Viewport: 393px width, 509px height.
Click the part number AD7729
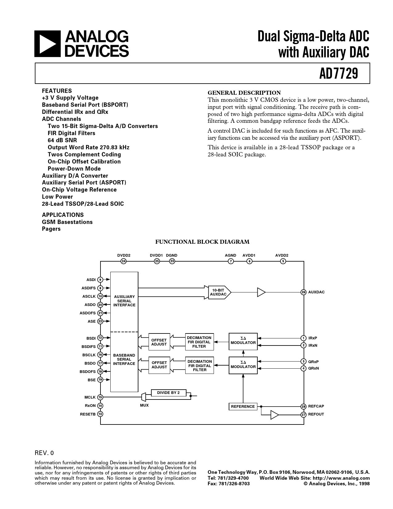(x=338, y=74)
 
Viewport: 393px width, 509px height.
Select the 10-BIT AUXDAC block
(x=219, y=292)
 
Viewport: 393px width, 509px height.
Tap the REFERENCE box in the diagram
(x=243, y=406)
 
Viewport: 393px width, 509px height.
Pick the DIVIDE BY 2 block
(x=168, y=393)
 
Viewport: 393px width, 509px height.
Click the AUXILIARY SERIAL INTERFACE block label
(x=124, y=301)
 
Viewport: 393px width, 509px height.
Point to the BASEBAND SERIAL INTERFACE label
(x=124, y=359)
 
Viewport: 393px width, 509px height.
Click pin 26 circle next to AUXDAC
(x=304, y=292)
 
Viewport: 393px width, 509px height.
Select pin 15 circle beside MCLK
(x=100, y=397)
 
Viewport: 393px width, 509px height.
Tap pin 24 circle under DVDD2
(x=124, y=261)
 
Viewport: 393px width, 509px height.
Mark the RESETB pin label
(x=88, y=414)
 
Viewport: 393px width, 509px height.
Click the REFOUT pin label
(x=316, y=414)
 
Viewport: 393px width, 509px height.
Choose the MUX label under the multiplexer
(x=144, y=405)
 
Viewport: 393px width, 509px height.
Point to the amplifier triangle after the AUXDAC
(x=261, y=292)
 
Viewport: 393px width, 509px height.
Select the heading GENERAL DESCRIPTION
(x=244, y=93)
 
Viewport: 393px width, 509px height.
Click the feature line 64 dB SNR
(x=62, y=140)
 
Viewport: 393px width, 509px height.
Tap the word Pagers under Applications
(x=51, y=229)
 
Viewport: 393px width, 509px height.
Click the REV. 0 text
(x=44, y=453)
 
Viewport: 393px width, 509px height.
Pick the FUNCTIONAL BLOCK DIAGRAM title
(x=202, y=242)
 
